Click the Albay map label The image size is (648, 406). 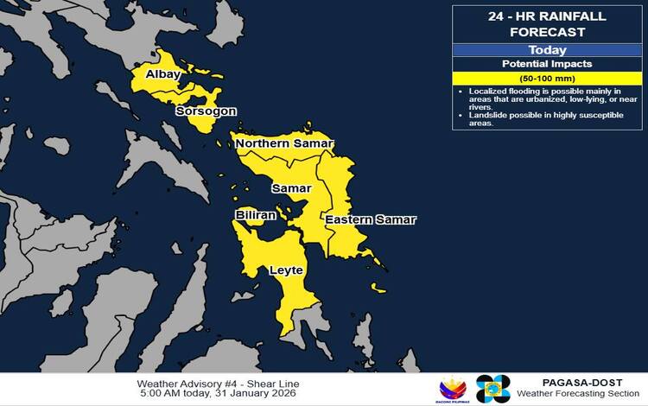162,74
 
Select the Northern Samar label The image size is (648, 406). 284,143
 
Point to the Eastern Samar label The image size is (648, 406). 370,220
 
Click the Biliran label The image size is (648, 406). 256,214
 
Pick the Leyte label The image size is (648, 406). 286,270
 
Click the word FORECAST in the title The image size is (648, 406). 547,33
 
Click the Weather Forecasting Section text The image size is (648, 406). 579,394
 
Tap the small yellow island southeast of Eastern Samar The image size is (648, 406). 378,287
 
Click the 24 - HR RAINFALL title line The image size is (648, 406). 547,17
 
